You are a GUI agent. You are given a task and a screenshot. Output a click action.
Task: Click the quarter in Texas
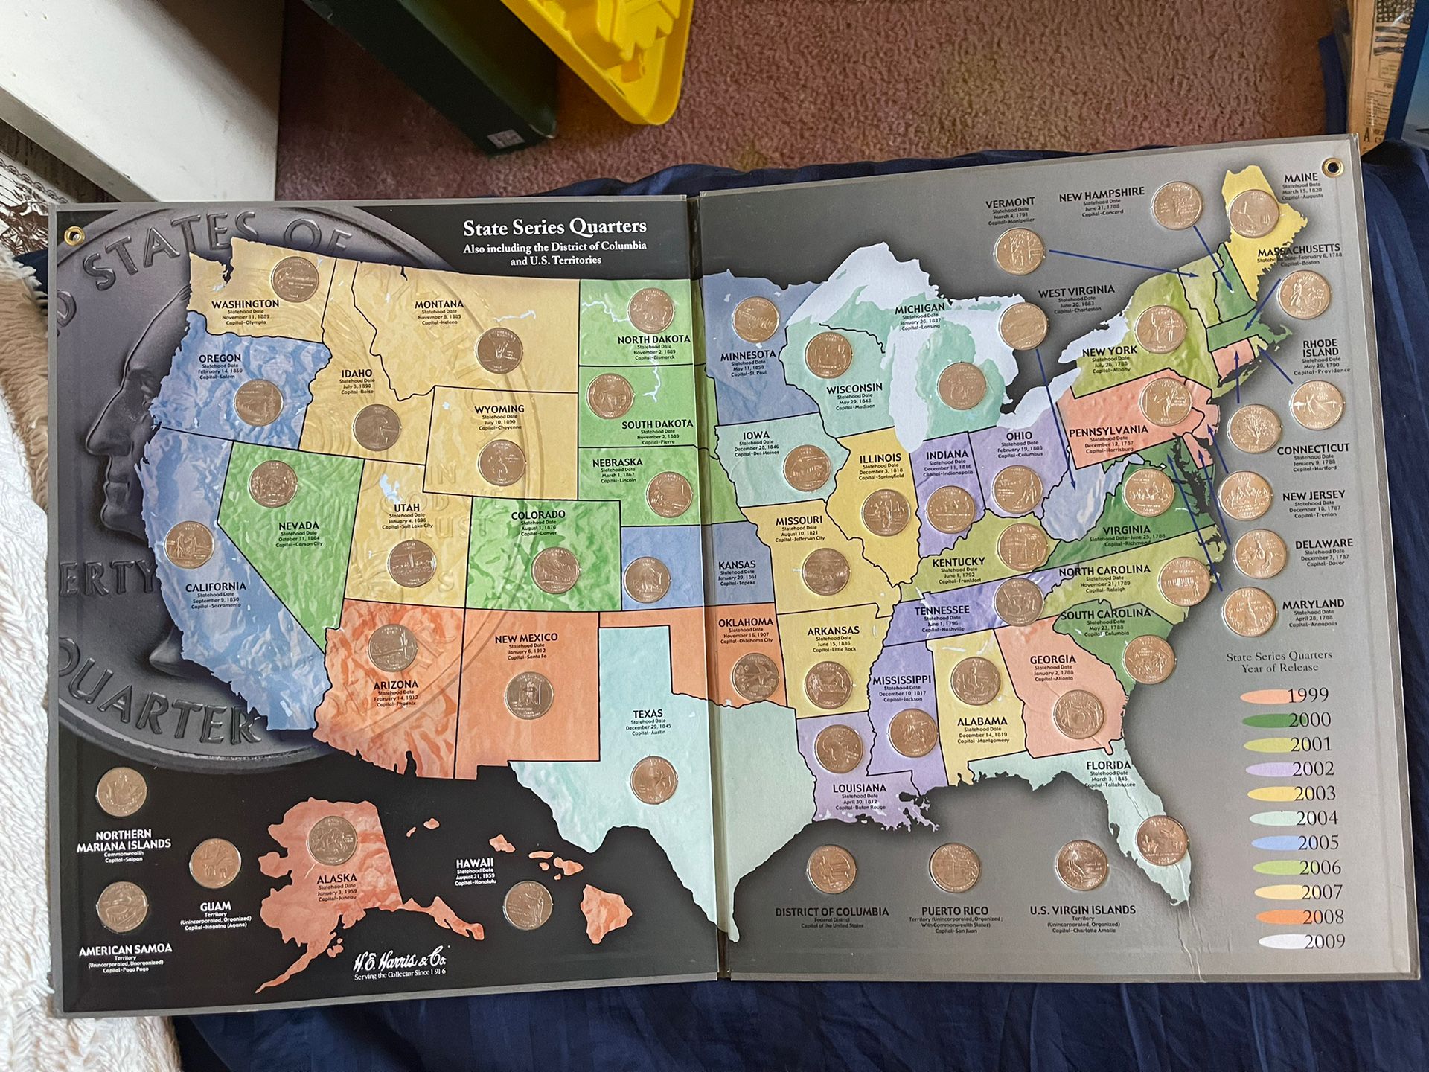[653, 779]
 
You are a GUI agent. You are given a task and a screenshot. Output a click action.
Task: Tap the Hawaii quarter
[527, 905]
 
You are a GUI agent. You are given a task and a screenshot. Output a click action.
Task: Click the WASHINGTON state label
[245, 304]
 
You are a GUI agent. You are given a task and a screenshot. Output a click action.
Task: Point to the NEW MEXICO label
[525, 638]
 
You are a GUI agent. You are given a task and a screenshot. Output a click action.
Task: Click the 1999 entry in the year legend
[1307, 695]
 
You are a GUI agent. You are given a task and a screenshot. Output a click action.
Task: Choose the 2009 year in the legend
[1323, 941]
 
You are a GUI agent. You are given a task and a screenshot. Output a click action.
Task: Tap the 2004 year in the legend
[1316, 818]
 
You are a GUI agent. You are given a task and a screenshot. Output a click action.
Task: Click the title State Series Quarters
[554, 227]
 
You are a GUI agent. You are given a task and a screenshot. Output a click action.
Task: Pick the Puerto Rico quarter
[954, 868]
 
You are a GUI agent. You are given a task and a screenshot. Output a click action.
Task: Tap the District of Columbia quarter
[831, 870]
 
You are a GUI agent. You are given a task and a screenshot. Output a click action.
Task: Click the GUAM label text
[215, 907]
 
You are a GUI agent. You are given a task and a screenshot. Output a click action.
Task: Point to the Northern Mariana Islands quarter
[121, 792]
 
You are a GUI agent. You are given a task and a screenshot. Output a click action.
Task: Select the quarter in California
[189, 545]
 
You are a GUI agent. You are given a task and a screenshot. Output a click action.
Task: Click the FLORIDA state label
[1107, 765]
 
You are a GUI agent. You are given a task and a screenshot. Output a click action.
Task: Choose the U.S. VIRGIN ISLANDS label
[1082, 910]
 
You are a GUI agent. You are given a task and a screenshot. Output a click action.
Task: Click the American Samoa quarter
[122, 907]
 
